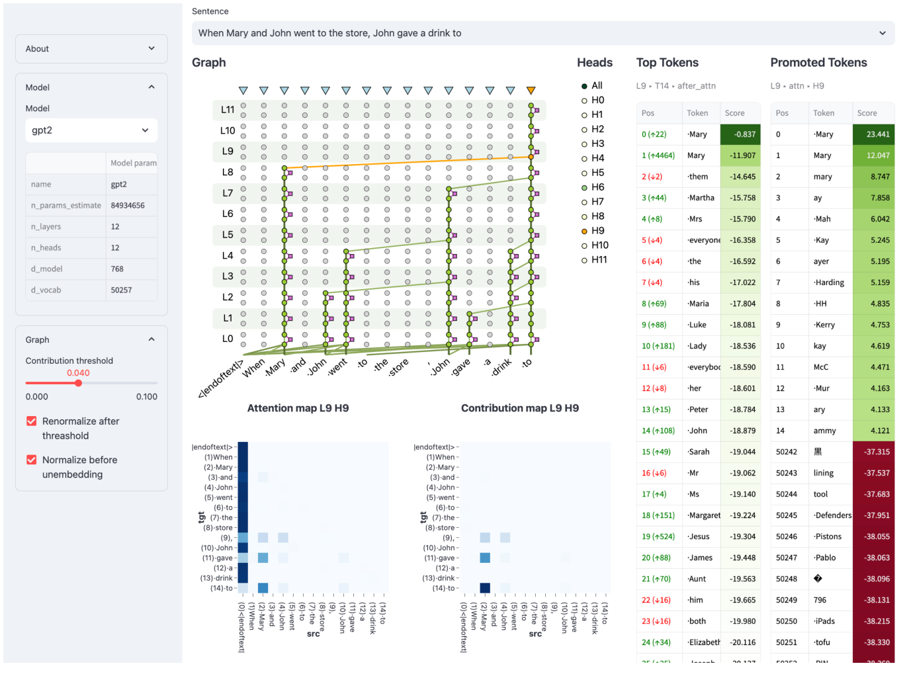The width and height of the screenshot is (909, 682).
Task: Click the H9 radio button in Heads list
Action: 584,231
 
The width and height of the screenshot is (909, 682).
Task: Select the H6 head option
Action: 584,187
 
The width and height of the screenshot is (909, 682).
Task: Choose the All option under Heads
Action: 584,86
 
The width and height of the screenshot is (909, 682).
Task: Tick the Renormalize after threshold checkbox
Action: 31,421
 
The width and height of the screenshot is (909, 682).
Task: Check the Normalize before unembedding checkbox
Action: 31,460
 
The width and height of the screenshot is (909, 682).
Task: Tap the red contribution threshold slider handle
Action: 78,383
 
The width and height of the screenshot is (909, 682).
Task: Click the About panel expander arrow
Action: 151,48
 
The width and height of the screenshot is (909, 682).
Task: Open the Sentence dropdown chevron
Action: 882,33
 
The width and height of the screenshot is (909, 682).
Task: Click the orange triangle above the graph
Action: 531,91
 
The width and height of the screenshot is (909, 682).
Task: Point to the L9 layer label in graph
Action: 228,151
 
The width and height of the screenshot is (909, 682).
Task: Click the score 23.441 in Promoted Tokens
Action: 877,134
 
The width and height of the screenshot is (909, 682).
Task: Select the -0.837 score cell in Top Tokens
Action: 745,134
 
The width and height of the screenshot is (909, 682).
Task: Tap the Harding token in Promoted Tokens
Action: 829,282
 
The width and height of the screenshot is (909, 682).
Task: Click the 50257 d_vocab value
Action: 122,290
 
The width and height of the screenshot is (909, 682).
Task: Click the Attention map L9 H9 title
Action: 298,408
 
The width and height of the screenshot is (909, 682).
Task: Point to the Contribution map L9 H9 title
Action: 519,408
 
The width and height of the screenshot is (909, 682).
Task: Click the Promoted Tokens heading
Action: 818,63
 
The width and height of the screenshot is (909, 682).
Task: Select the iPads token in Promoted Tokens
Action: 824,621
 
